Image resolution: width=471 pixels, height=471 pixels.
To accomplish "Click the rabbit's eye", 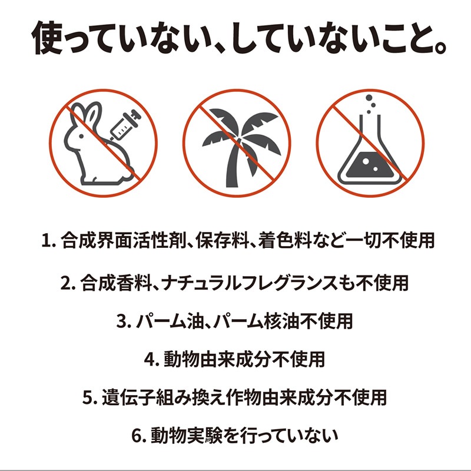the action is point(81,136).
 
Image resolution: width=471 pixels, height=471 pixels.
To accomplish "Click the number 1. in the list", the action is point(49,241).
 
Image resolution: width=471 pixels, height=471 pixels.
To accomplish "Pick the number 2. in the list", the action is point(68,283).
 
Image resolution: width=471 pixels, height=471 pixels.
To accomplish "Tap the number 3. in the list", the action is point(124,321).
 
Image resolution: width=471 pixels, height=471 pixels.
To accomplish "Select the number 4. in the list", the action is point(152,360).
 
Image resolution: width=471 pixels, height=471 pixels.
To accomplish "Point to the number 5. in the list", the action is point(90,397).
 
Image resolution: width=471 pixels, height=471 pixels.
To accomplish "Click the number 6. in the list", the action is point(139,436).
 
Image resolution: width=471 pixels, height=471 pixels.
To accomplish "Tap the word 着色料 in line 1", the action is point(284,240).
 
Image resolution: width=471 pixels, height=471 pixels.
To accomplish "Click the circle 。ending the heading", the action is point(439,48).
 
